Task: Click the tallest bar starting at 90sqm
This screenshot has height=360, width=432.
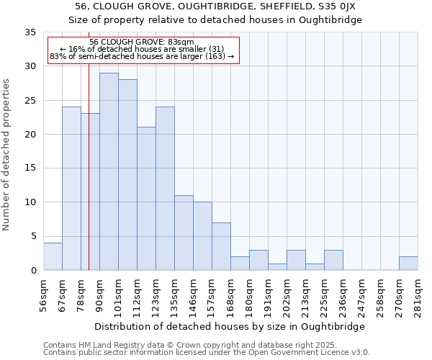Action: point(109,171)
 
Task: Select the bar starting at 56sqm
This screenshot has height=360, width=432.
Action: point(53,256)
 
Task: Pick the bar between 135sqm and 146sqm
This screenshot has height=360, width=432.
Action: point(184,233)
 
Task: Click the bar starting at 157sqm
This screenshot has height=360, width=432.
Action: point(221,246)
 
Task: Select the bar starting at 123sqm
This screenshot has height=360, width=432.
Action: point(165,189)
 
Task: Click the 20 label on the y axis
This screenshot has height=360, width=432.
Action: point(30,135)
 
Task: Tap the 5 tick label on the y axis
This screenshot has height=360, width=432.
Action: point(32,237)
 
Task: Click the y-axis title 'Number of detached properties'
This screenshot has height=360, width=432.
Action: point(6,155)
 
